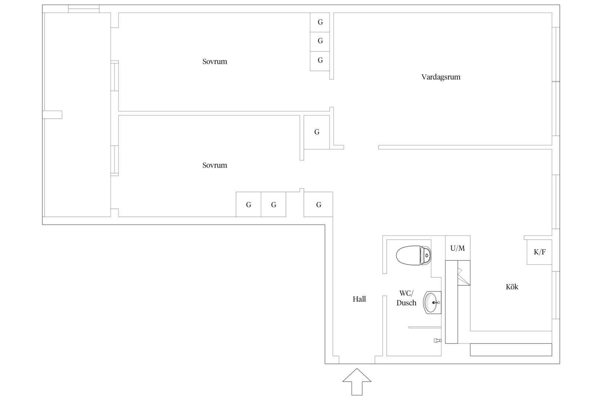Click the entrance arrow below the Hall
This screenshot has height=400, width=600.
tap(357, 381)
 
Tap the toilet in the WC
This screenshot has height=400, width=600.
tap(414, 255)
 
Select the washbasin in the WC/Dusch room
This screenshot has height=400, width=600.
tap(432, 303)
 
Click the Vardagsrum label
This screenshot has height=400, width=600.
tap(441, 77)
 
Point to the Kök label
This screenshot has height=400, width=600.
tap(512, 287)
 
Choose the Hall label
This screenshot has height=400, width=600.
tap(359, 299)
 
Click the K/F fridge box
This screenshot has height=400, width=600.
tap(539, 252)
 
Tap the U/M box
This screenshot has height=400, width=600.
tap(457, 248)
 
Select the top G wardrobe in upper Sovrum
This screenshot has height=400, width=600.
tap(320, 22)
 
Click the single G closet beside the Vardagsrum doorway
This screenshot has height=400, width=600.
tap(317, 132)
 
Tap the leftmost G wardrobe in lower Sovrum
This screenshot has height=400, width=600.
tap(248, 204)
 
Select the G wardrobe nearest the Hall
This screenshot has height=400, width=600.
tap(318, 204)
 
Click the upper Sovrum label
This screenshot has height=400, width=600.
tap(214, 61)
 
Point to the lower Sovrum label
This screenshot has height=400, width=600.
tap(214, 165)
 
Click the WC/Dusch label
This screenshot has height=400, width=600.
tap(406, 298)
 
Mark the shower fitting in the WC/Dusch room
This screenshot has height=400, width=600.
tap(437, 340)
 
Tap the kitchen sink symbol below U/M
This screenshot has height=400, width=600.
tap(464, 273)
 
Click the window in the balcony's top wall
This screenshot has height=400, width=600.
tap(84, 9)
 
